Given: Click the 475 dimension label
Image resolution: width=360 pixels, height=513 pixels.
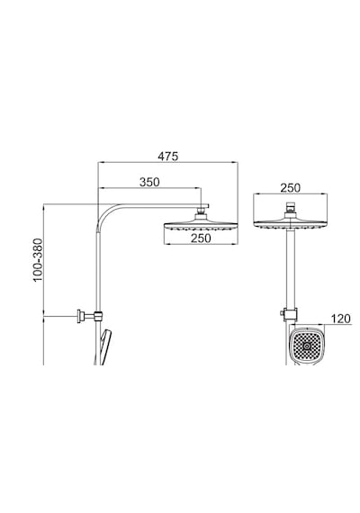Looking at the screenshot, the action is point(168,156).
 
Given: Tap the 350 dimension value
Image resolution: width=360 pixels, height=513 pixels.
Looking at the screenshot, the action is point(149,182).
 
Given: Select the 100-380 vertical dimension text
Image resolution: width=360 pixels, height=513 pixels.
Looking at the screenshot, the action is point(38,259).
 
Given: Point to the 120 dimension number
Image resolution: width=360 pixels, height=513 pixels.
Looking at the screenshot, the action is point(340,319).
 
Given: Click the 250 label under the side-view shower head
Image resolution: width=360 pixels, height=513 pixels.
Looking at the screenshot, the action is point(201,238).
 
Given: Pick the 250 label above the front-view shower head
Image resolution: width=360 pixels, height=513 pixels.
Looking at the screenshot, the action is point(290,188).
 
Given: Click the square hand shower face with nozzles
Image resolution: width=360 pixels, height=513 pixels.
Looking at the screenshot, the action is point(307,346).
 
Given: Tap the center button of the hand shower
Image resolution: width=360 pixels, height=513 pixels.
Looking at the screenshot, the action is point(307,346).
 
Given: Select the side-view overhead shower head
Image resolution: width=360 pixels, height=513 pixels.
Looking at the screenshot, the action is point(201,226).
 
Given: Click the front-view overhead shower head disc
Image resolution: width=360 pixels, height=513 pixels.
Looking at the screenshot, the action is point(291,224).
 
